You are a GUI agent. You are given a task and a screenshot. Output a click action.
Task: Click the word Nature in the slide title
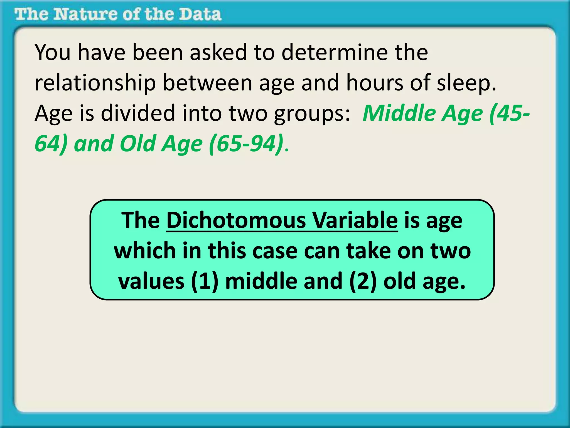85,14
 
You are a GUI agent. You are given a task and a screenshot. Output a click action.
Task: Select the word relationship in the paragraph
95,83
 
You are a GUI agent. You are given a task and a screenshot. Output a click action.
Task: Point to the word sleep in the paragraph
466,83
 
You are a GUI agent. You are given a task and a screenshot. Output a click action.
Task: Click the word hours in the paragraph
375,83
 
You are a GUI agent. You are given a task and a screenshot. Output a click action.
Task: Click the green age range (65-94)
246,144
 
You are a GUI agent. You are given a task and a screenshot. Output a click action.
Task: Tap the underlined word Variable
355,220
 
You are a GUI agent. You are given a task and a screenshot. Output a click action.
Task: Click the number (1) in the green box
205,281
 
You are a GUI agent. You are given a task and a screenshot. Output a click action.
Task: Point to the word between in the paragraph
207,83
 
